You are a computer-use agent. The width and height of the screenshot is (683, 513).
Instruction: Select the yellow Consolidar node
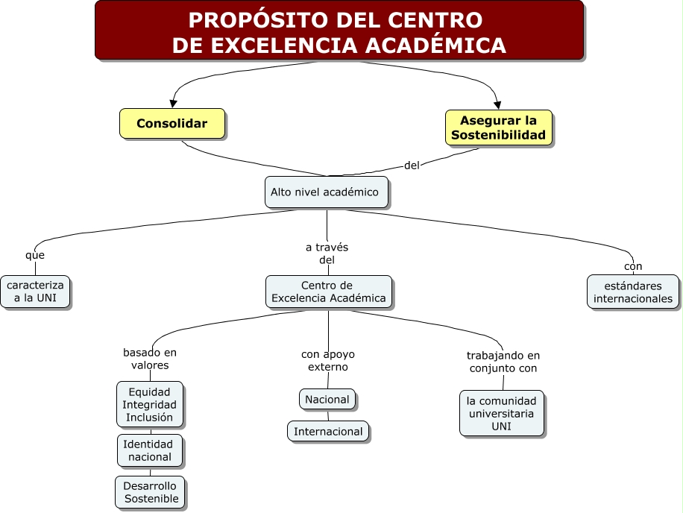[x=171, y=123]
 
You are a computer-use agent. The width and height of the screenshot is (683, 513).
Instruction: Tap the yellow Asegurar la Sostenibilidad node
[x=499, y=128]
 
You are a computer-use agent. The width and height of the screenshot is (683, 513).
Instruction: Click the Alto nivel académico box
[x=326, y=192]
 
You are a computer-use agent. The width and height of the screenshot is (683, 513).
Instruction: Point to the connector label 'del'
[x=412, y=166]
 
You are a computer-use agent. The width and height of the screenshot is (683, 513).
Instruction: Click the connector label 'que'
[x=35, y=255]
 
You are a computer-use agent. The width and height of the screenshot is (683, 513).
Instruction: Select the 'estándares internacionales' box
[x=632, y=292]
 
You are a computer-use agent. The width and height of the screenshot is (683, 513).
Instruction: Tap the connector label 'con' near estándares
[x=633, y=266]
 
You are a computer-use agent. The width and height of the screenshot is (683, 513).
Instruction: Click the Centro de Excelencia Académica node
[x=328, y=292]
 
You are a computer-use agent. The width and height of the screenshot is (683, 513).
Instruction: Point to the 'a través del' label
[x=327, y=254]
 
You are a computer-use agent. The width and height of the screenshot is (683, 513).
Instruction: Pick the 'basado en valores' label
[x=150, y=359]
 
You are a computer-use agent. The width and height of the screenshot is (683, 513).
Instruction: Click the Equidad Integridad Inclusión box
[x=149, y=404]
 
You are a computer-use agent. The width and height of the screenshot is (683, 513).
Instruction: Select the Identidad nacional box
[x=149, y=450]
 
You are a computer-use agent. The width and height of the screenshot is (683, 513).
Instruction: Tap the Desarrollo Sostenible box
[x=151, y=492]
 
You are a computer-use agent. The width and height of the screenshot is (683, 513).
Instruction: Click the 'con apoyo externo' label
[x=328, y=360]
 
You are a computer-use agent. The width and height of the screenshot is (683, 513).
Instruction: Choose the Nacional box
[x=327, y=399]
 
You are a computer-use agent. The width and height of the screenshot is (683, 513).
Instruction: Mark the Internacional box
[x=328, y=431]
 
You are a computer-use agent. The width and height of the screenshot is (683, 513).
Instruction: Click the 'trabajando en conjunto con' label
[x=503, y=362]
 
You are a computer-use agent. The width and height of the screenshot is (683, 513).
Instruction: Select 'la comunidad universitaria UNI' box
[x=501, y=413]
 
